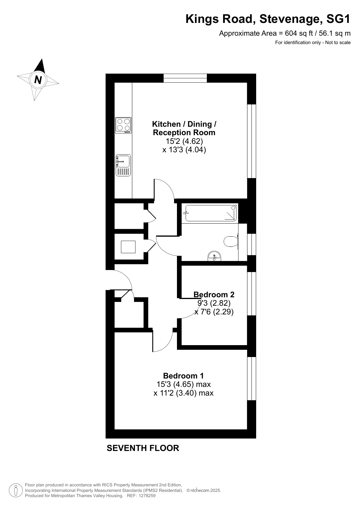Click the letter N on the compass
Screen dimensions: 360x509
38,79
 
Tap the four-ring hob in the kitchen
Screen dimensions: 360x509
123,125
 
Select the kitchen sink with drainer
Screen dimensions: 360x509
123,165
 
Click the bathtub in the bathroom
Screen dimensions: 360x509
211,213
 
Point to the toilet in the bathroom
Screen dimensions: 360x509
231,241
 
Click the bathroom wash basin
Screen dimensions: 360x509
214,256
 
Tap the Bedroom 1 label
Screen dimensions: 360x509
183,376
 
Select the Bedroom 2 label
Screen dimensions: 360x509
214,295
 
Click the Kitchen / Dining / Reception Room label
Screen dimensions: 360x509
184,128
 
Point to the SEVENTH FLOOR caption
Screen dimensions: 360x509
143,448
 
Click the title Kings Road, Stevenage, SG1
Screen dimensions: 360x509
268,19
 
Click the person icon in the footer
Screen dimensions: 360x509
16,490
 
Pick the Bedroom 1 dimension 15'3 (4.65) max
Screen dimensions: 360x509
184,384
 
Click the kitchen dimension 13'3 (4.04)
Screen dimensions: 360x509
184,150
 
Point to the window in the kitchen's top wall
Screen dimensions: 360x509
185,78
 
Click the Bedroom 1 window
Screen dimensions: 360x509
252,378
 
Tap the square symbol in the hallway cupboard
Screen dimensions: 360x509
128,247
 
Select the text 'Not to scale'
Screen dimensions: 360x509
338,43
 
